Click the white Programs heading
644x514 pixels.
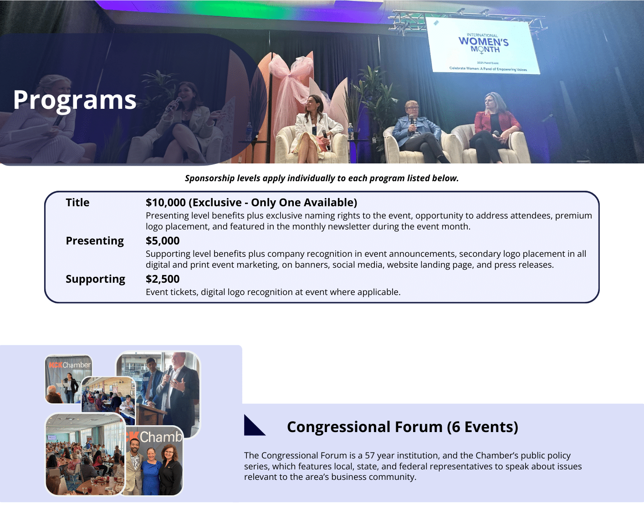(x=75, y=100)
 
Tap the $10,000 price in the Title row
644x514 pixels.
(x=165, y=203)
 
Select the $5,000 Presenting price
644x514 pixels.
(x=163, y=241)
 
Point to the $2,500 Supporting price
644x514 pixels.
(x=163, y=279)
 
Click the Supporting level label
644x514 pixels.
(x=96, y=280)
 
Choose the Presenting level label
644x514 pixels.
(x=95, y=241)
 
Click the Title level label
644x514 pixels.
(x=77, y=203)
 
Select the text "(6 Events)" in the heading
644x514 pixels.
(x=482, y=427)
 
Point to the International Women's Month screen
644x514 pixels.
(x=483, y=46)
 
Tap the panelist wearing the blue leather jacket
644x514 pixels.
(x=419, y=132)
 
